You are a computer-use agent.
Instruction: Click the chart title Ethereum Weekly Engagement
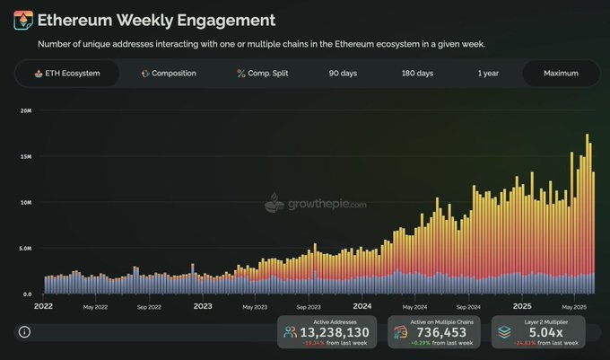[144, 20]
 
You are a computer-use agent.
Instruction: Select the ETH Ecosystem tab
[66, 73]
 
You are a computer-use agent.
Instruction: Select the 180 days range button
[417, 73]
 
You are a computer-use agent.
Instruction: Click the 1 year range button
[489, 73]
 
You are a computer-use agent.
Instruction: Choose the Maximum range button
[561, 73]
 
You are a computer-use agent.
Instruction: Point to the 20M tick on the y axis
[25, 110]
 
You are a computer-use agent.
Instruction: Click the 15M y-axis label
[25, 156]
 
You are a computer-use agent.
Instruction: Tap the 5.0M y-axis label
[25, 248]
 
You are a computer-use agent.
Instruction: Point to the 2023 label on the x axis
[204, 306]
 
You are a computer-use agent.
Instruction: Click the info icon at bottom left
[24, 332]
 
